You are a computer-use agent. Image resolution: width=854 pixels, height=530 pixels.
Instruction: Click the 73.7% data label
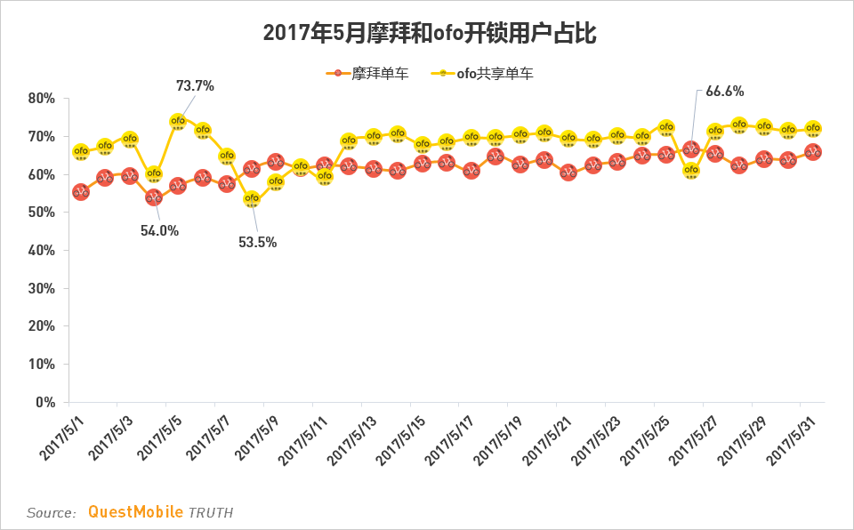[x=195, y=86]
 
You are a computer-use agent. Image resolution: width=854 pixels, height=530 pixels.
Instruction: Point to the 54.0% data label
[x=159, y=231]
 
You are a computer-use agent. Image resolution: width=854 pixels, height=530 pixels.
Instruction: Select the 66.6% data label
[x=724, y=91]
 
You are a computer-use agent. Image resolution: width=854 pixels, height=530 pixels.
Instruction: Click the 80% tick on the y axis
[x=42, y=99]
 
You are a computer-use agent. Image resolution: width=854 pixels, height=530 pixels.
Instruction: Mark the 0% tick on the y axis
[x=45, y=403]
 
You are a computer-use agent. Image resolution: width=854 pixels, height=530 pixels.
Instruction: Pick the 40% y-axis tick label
[x=42, y=251]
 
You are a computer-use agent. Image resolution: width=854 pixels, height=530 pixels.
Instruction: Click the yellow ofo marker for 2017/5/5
[x=178, y=121]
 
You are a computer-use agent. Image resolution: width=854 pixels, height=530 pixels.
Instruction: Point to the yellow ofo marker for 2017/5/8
[x=252, y=199]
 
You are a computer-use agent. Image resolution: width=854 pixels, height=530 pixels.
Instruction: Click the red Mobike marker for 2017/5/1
[x=80, y=191]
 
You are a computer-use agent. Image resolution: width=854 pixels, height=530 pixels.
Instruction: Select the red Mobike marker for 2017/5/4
[x=154, y=197]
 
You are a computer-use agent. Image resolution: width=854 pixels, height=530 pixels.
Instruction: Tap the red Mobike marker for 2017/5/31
[x=812, y=152]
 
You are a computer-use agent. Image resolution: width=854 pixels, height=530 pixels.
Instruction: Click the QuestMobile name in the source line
[x=135, y=512]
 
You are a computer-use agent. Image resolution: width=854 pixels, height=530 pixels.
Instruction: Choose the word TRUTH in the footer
[x=210, y=513]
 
